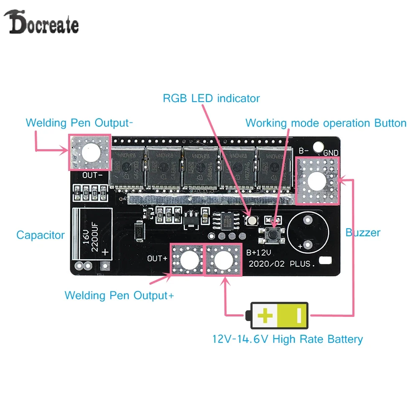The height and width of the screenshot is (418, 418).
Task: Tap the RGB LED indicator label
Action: point(211,99)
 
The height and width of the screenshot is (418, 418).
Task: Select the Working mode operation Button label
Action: point(326,123)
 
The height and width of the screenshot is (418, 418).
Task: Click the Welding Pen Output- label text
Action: point(79,123)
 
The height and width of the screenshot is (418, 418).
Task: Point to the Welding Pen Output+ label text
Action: point(119,295)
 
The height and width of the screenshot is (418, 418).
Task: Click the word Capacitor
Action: point(41,235)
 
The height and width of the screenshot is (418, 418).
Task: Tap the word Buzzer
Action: point(363,232)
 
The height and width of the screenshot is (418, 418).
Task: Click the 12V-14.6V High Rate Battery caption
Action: point(288,339)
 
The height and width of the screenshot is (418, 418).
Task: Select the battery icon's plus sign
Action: point(265,315)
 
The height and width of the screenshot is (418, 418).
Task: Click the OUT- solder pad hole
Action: point(90,153)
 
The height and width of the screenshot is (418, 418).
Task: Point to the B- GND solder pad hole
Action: point(316,180)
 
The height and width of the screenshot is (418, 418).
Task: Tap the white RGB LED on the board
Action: point(252,219)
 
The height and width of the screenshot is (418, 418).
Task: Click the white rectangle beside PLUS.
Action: point(325,261)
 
